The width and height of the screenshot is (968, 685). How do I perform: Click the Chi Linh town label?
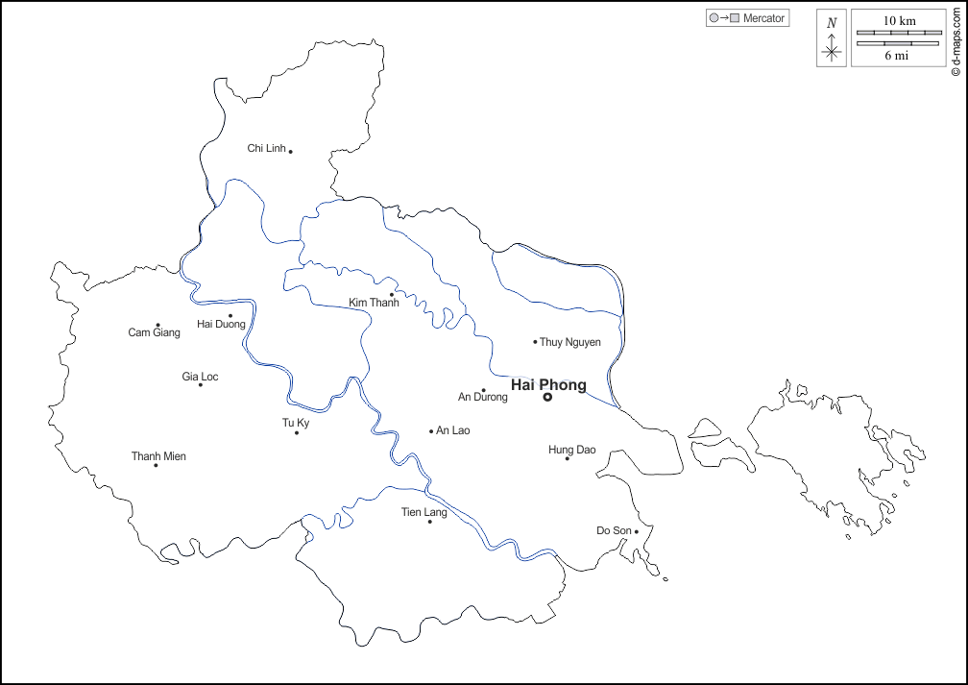[x=267, y=148]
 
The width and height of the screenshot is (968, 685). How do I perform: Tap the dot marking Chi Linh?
[x=290, y=151]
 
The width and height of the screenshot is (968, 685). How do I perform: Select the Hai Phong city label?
[x=548, y=385]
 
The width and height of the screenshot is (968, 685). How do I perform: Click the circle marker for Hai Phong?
[x=547, y=397]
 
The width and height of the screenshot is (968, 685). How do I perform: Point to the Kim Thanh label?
[x=374, y=303]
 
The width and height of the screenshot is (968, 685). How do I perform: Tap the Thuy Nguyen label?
[x=570, y=342]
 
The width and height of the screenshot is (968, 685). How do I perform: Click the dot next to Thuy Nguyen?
[x=536, y=341]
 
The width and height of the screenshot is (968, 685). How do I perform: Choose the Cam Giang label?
[x=154, y=332]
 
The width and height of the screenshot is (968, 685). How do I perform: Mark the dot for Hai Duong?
[x=230, y=315]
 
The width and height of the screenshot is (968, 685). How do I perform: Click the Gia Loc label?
[x=200, y=377]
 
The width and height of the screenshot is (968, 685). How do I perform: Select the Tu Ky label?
[x=296, y=423]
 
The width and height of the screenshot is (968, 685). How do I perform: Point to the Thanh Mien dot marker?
[x=156, y=465]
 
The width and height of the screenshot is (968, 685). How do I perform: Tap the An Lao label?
[x=453, y=430]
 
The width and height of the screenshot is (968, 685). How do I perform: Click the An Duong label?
[x=483, y=397]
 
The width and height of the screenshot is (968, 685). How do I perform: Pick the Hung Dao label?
[x=572, y=450]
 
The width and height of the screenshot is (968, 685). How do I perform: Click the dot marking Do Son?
[x=637, y=531]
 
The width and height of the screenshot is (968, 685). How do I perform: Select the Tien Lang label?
[x=424, y=512]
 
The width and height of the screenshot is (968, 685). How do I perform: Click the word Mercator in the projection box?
[x=764, y=18]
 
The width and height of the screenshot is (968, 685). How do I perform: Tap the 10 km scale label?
[x=899, y=20]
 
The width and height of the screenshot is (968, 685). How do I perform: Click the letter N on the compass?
[x=832, y=23]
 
